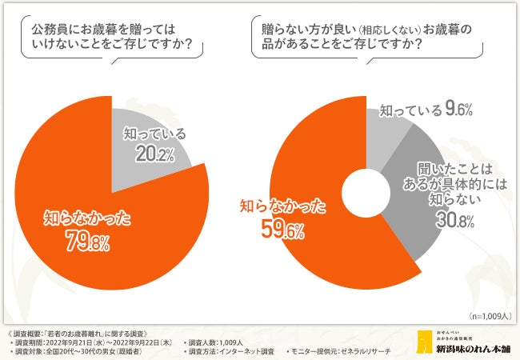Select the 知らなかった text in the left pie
88,215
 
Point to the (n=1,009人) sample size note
488,314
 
